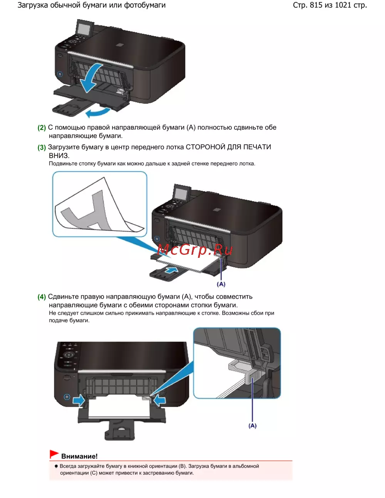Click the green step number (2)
(x=42, y=128)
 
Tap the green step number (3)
(x=42, y=147)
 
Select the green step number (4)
(x=42, y=297)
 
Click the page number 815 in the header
(x=316, y=5)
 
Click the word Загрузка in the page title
(x=33, y=5)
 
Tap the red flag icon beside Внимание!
(x=54, y=454)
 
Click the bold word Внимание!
(x=79, y=456)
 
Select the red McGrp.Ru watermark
(x=195, y=250)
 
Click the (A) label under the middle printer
(x=221, y=284)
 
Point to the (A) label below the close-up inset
(x=252, y=426)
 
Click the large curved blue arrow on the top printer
(x=91, y=78)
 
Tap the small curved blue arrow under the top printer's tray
(x=98, y=112)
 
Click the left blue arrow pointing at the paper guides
(x=79, y=401)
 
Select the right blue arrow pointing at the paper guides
(x=159, y=401)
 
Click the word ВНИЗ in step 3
(x=59, y=156)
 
